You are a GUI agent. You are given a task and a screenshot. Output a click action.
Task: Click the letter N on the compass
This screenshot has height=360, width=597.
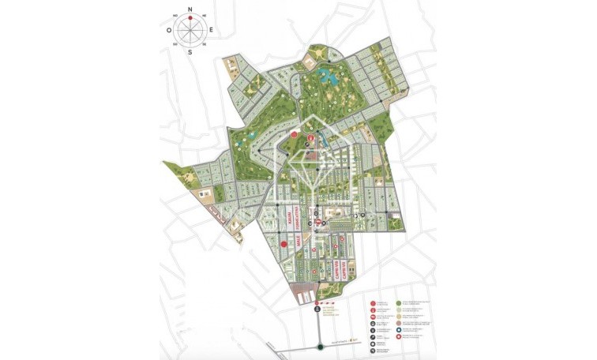click(190, 9)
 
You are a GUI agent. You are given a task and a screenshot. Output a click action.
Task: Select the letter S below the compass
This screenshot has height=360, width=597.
click(190, 53)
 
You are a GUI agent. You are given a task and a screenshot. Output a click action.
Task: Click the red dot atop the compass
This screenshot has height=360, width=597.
click(190, 16)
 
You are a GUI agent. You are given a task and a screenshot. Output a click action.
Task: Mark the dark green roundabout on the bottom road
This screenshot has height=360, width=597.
click(320, 346)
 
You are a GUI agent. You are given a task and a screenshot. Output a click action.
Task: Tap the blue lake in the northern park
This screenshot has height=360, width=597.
click(326, 77)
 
